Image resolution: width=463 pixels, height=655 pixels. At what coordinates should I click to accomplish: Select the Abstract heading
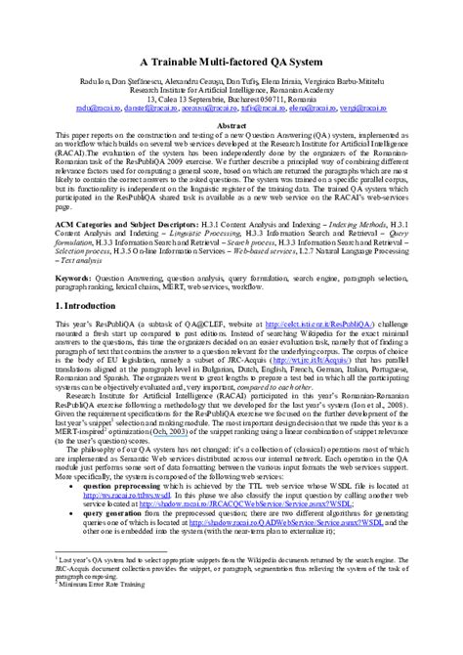tap(231, 127)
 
